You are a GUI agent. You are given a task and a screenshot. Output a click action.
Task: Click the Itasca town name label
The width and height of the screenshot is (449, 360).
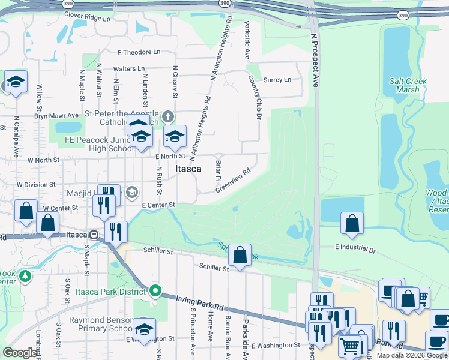[x=188, y=169]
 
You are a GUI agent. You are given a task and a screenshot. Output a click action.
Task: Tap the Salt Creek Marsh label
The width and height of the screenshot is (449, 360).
[x=408, y=85]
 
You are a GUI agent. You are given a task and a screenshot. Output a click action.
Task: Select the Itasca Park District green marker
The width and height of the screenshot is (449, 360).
[x=155, y=292]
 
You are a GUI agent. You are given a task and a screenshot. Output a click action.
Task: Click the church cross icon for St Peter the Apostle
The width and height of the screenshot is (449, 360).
[x=169, y=116]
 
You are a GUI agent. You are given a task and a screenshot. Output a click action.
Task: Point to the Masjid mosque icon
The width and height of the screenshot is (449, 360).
[x=133, y=193]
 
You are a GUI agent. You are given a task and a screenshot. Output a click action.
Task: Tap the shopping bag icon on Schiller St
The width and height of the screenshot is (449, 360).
[x=240, y=255]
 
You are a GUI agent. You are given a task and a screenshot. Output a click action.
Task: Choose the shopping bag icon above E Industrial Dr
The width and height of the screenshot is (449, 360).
[x=352, y=223]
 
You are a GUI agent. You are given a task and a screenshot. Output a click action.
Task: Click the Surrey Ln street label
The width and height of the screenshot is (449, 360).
[x=277, y=79]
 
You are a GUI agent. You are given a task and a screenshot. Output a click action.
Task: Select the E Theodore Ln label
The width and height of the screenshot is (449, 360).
[x=139, y=52]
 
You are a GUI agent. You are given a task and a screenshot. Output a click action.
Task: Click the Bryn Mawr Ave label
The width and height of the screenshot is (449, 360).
[x=56, y=115]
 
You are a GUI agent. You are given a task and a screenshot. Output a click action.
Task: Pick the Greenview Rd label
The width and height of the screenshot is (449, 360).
[x=233, y=179]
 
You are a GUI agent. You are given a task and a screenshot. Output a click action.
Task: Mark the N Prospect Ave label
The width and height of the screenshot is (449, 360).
[x=314, y=60]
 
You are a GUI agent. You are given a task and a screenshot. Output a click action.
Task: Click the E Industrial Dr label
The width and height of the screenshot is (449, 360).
[x=355, y=247]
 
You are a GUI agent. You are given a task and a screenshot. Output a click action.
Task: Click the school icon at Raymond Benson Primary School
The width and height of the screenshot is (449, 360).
[x=144, y=329]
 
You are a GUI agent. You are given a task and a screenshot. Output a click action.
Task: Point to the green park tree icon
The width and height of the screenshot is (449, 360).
[x=25, y=276]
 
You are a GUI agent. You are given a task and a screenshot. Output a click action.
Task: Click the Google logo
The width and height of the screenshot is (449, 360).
[x=20, y=353]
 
